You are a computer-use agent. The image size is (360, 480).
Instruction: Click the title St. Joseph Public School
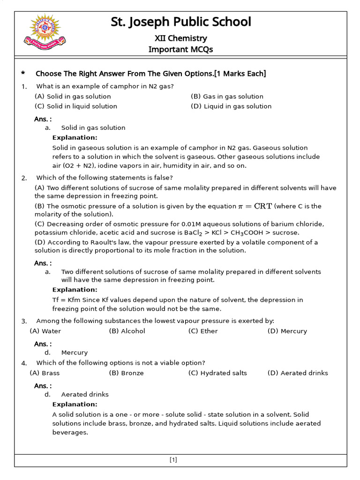pyautogui.click(x=180, y=22)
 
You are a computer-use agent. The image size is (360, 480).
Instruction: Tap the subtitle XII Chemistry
pyautogui.click(x=180, y=38)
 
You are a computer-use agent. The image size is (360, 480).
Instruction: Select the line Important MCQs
pyautogui.click(x=180, y=50)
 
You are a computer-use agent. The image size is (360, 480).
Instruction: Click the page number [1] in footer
pyautogui.click(x=173, y=460)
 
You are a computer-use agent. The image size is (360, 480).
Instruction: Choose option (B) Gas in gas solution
pyautogui.click(x=227, y=97)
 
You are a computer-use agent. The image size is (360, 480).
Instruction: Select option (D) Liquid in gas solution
pyautogui.click(x=231, y=106)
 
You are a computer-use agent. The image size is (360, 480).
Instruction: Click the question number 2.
pyautogui.click(x=24, y=178)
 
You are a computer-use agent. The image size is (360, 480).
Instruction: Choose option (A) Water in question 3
pyautogui.click(x=45, y=331)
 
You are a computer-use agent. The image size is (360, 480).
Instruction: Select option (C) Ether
pyautogui.click(x=203, y=331)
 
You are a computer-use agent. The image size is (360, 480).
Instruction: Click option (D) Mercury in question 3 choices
pyautogui.click(x=287, y=331)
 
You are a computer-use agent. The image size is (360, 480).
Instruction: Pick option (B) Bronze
pyautogui.click(x=126, y=373)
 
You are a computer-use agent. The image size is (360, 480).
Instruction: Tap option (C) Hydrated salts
pyautogui.click(x=217, y=373)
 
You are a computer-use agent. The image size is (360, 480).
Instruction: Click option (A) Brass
pyautogui.click(x=45, y=373)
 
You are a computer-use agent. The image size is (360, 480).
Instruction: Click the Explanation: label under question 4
pyautogui.click(x=75, y=404)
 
